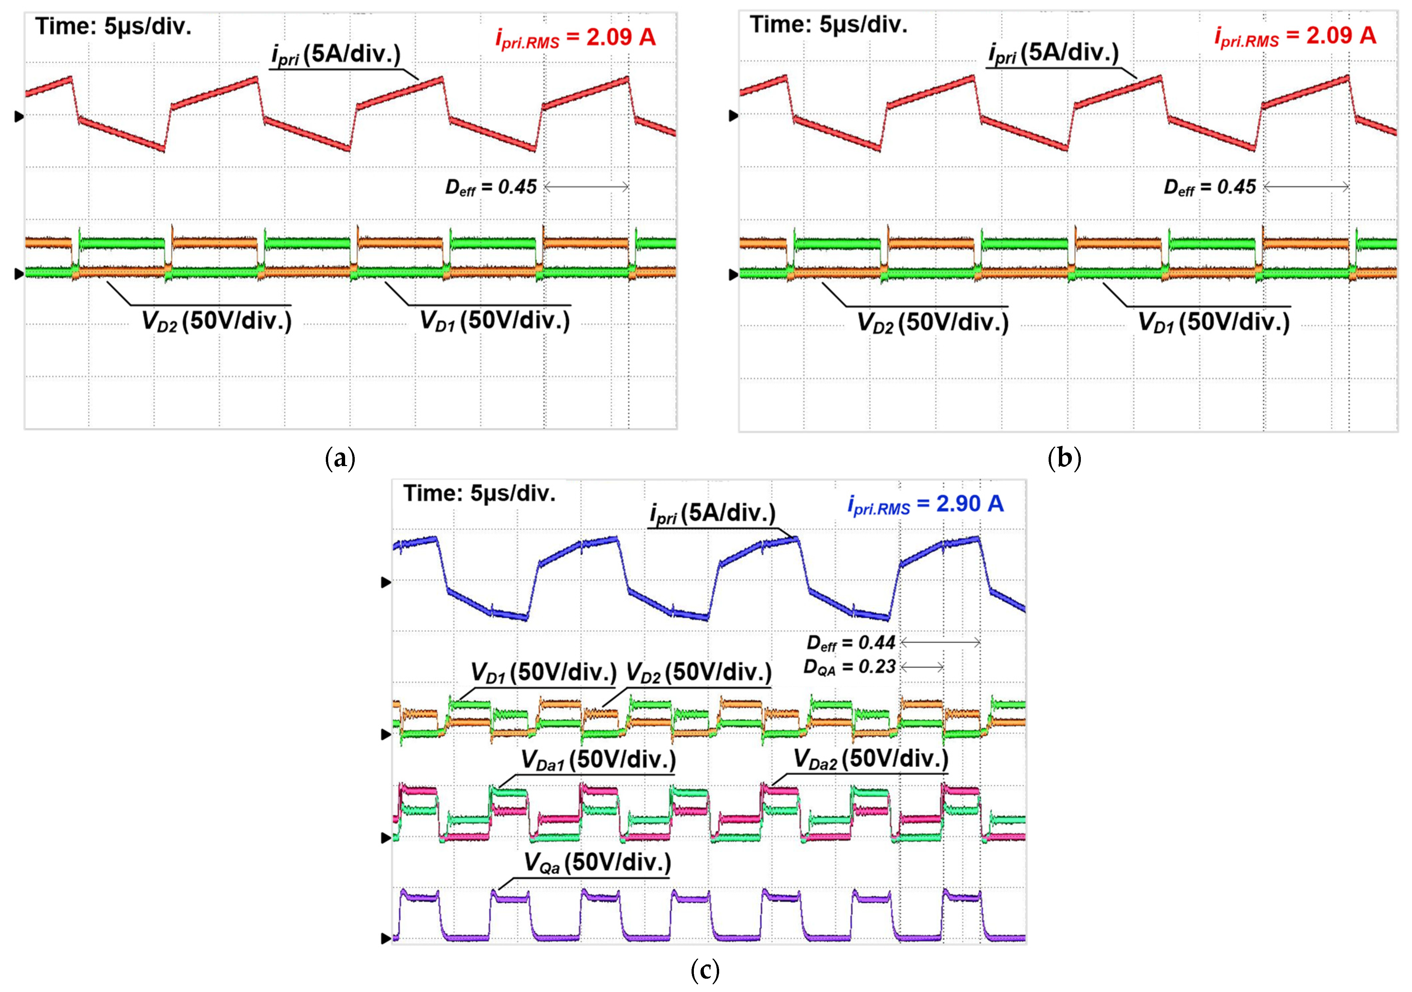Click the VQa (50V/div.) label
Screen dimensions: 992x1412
click(597, 863)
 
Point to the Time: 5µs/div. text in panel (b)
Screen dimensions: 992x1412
click(829, 25)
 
